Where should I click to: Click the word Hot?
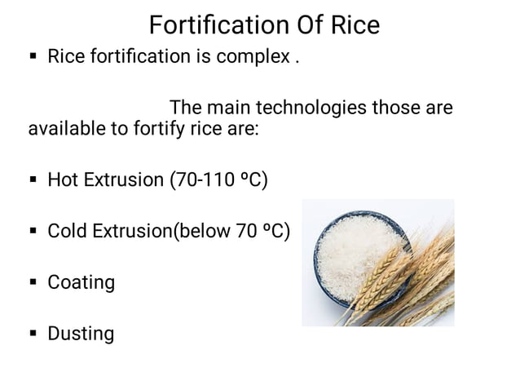click(64, 179)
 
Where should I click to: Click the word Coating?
click(81, 282)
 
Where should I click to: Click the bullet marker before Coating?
click(33, 283)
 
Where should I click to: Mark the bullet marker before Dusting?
click(33, 334)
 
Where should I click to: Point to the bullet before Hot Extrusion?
click(33, 180)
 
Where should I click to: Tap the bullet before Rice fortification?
click(33, 59)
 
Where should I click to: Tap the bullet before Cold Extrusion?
click(33, 232)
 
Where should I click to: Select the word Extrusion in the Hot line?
click(124, 179)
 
